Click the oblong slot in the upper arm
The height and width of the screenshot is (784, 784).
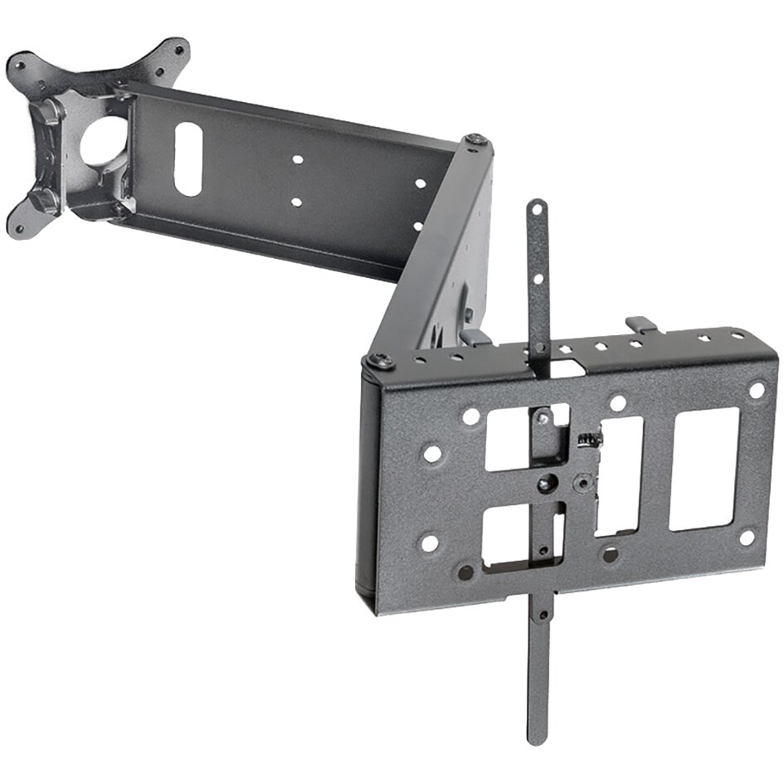(x=188, y=159)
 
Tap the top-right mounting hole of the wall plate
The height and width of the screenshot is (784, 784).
(x=756, y=390)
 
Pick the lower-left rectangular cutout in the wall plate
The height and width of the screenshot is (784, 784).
(x=508, y=535)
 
